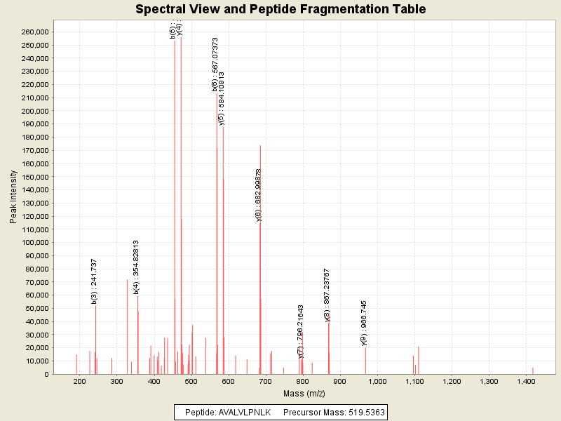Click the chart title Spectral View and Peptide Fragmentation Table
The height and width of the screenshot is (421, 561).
[280, 9]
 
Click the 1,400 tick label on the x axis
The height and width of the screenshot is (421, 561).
[526, 381]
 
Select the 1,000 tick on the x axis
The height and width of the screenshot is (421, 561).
[377, 381]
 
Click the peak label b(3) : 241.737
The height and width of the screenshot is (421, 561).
[94, 281]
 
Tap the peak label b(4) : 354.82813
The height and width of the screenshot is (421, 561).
[136, 267]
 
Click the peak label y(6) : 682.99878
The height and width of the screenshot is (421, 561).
[259, 194]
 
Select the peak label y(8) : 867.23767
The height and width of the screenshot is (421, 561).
[327, 294]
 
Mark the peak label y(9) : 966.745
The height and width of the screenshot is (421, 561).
[364, 323]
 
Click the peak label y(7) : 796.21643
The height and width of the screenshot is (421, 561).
[301, 331]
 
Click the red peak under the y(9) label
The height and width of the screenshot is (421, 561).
[365, 361]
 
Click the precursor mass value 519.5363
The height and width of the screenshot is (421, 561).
[363, 412]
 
